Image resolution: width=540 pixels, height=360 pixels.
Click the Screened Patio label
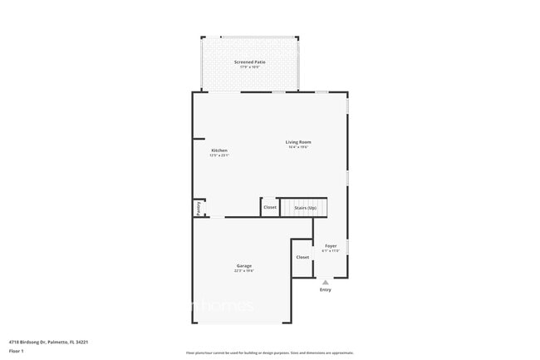pos(249,62)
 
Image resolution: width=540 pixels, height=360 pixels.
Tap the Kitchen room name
pos(218,150)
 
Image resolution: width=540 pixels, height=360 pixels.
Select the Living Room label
pos(299,142)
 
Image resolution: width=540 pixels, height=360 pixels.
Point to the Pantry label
pos(199,209)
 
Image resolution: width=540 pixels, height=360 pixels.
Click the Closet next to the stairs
pos(270,207)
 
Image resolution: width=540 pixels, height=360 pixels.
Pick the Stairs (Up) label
pos(305,207)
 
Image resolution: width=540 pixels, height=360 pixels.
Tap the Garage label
pos(243,266)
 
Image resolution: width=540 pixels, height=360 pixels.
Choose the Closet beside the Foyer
pos(302,257)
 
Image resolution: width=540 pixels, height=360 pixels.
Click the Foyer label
pos(331,246)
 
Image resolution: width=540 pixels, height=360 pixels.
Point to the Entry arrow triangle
pos(325,283)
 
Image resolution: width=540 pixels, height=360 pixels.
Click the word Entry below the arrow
pos(325,290)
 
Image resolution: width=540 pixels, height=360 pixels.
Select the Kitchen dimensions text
pos(218,155)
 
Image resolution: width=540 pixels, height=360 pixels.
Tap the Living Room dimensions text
pos(299,148)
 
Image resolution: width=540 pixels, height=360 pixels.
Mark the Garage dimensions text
pos(243,271)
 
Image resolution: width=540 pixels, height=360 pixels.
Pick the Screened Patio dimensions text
pos(249,67)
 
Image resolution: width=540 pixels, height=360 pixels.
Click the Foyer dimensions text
pos(331,251)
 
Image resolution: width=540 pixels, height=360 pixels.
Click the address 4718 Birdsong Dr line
pos(49,341)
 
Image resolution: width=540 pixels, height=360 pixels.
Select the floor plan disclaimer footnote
pos(269,353)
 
